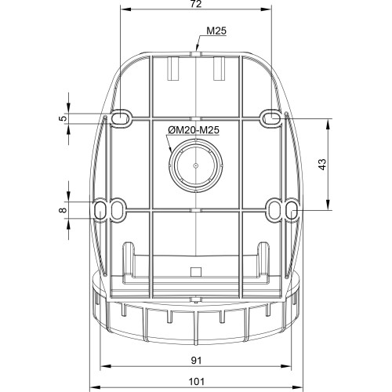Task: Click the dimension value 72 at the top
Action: click(196, 4)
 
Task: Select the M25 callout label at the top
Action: click(216, 31)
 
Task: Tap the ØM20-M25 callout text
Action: click(194, 130)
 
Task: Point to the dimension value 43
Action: click(323, 164)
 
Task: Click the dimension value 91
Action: click(196, 361)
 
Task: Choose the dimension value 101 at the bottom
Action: click(197, 382)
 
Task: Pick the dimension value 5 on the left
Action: click(63, 118)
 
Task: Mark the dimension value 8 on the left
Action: click(63, 210)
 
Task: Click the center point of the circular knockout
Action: click(196, 165)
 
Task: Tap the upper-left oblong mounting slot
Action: click(121, 118)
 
